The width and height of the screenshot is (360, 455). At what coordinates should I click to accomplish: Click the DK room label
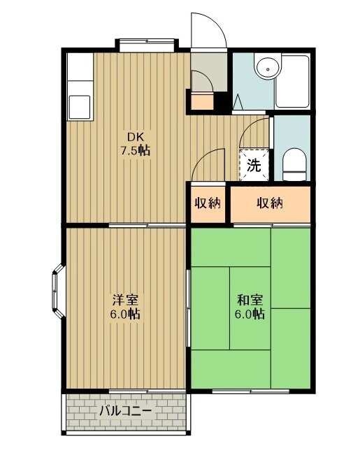pos(134,136)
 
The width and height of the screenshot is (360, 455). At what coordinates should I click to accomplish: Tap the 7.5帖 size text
pos(134,150)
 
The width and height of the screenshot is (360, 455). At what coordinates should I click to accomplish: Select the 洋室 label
pos(126,300)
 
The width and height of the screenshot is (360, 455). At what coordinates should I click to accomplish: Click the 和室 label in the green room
pos(250,300)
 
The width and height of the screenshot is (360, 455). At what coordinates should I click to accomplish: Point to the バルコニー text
pos(125,411)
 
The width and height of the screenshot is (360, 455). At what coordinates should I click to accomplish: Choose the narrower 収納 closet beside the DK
pos(208,203)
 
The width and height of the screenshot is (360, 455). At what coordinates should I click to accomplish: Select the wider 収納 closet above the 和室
pos(269,203)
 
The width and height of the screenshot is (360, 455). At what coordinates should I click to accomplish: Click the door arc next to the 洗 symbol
pos(257,133)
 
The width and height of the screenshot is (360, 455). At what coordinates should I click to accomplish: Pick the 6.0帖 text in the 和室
pos(250,315)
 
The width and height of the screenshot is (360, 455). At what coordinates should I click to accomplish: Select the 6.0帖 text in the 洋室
pos(126,315)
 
